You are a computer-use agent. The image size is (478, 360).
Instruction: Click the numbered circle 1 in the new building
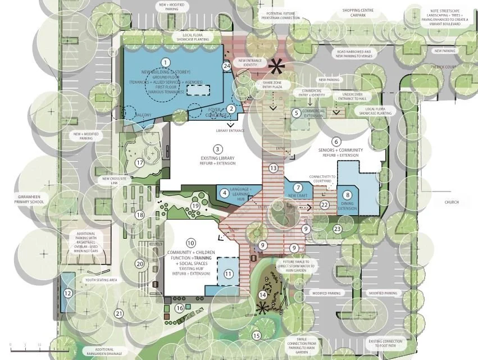(x=165, y=62)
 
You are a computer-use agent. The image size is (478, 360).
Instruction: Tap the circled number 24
(x=227, y=66)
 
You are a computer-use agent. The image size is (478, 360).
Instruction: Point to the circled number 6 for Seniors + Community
(x=336, y=142)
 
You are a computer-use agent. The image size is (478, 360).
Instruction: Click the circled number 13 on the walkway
(x=274, y=168)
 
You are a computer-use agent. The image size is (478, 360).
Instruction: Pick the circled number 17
(x=140, y=163)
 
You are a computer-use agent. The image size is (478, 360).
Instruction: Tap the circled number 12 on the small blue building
(x=67, y=293)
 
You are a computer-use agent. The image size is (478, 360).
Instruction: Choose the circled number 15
(x=257, y=336)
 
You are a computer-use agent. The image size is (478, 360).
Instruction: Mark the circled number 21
(x=119, y=314)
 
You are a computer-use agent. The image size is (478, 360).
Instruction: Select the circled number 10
(x=191, y=243)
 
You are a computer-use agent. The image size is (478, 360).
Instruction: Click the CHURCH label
(x=451, y=202)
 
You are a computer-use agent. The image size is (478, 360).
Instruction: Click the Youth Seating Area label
(x=101, y=280)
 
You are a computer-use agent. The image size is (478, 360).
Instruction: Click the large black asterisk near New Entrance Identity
(x=276, y=67)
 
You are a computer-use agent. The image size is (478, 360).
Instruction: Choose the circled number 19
(x=195, y=206)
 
